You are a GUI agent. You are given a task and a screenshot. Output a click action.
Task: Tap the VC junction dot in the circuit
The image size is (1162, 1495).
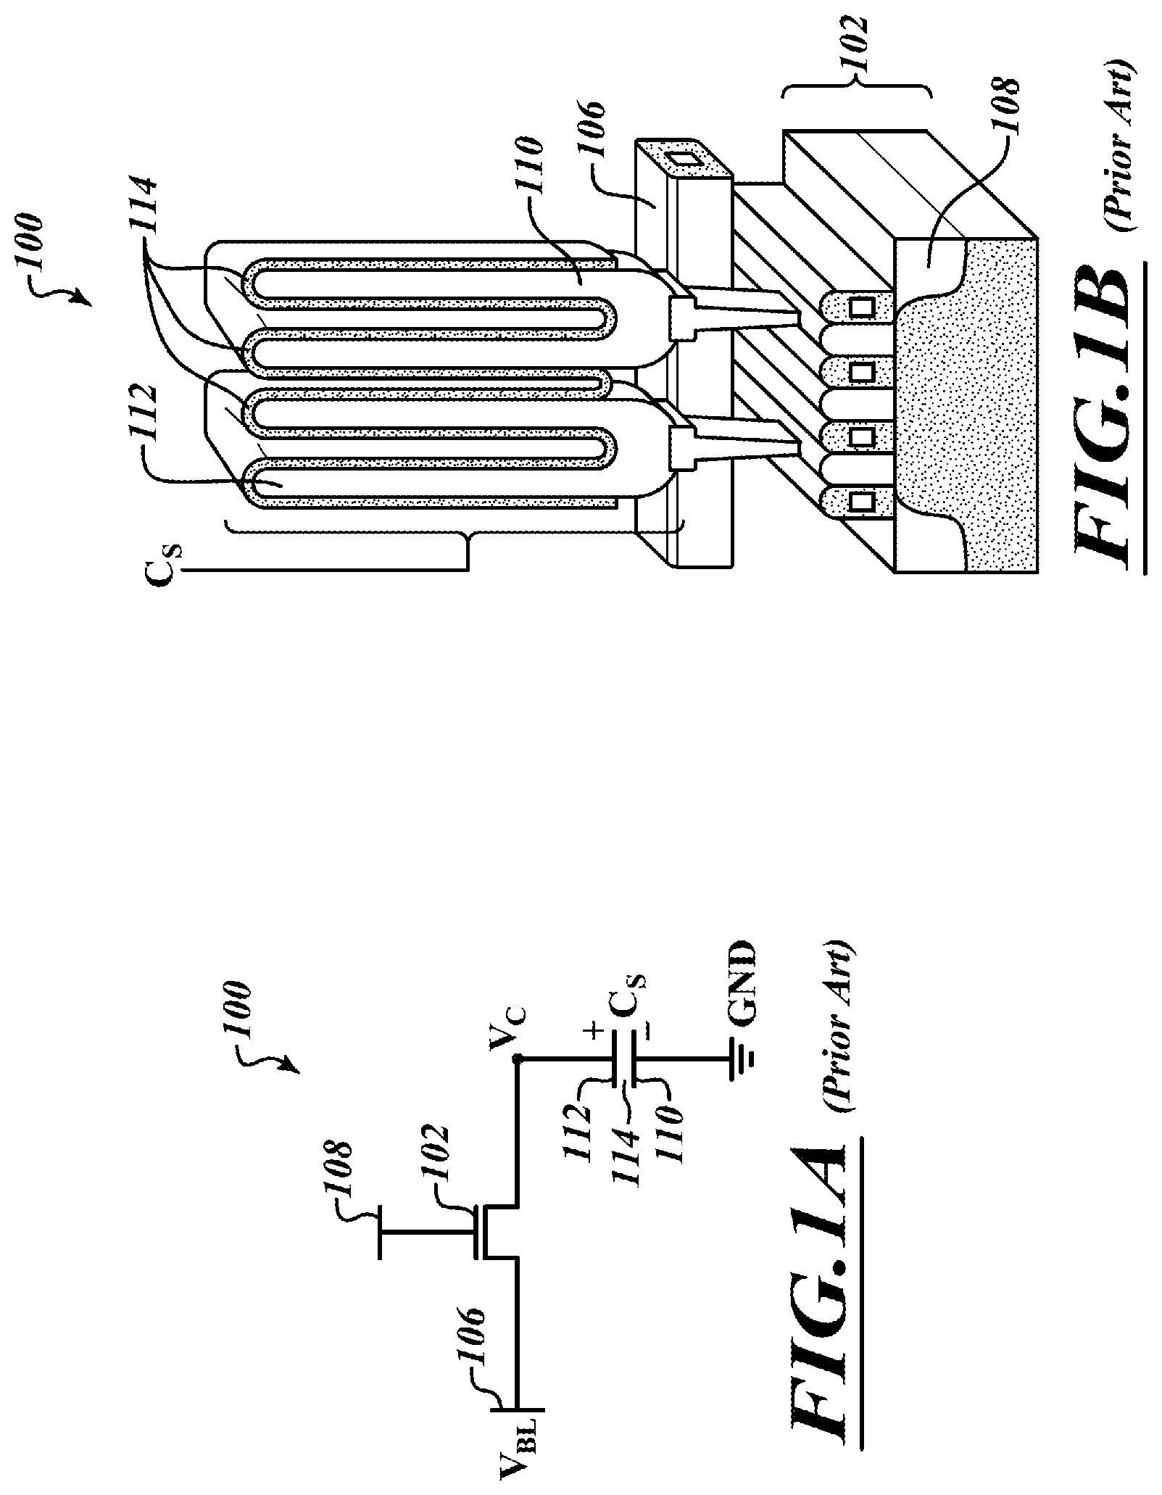click(516, 1059)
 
